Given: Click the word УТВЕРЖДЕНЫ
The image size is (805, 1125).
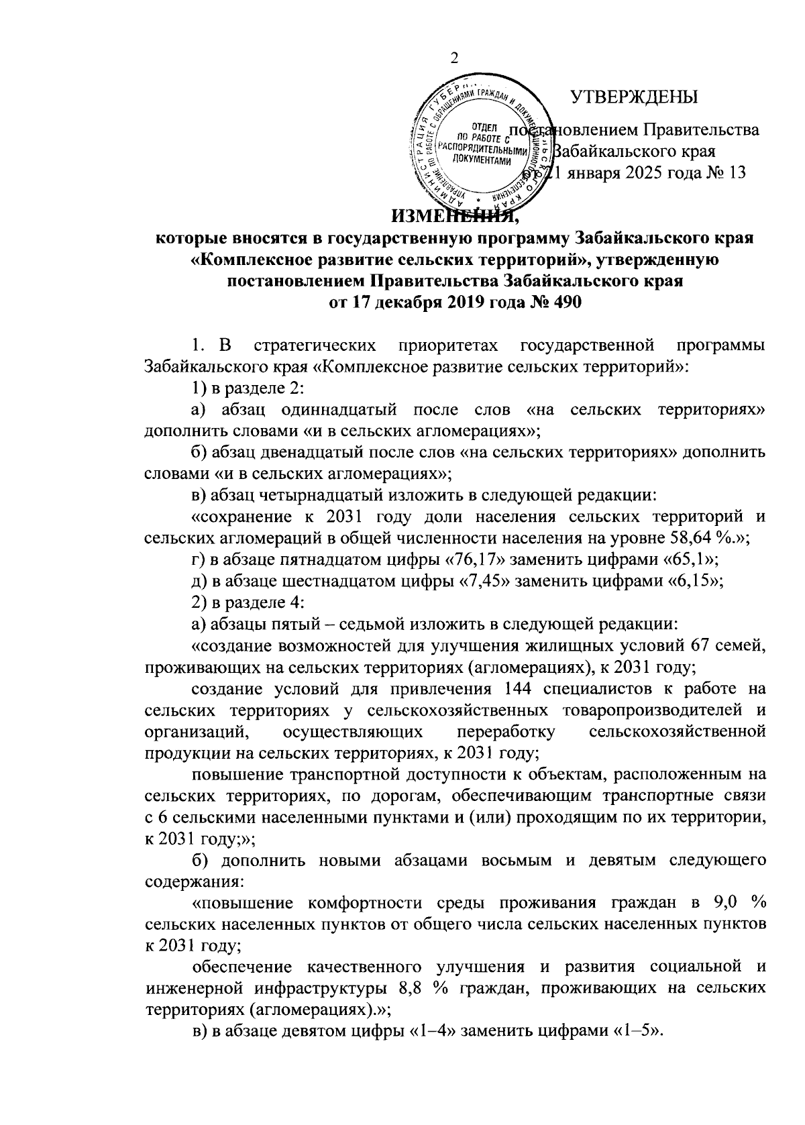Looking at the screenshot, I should pyautogui.click(x=633, y=98).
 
